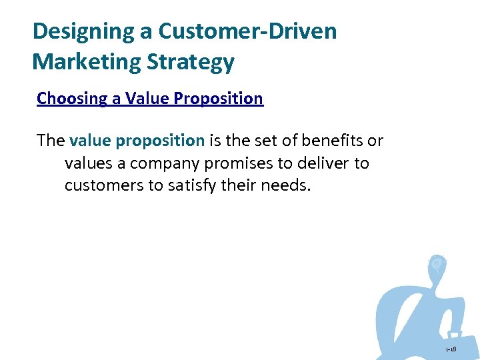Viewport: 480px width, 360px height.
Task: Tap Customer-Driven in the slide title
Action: coord(244,31)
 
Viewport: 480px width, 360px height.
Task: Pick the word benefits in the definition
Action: coord(337,141)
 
